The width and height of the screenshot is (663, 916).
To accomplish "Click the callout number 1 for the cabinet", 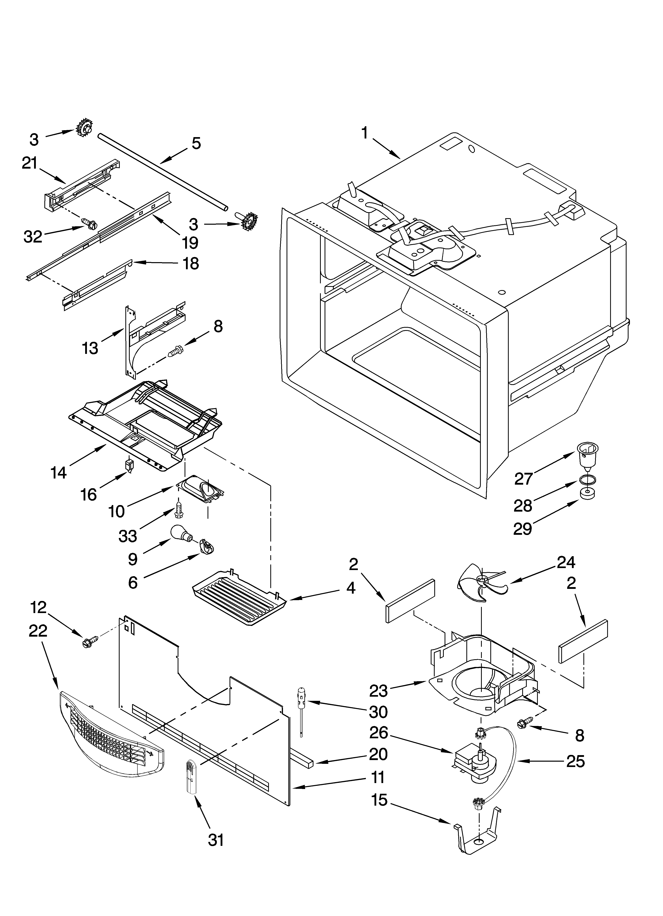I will (x=365, y=133).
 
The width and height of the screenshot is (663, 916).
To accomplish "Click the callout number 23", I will (x=378, y=691).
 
